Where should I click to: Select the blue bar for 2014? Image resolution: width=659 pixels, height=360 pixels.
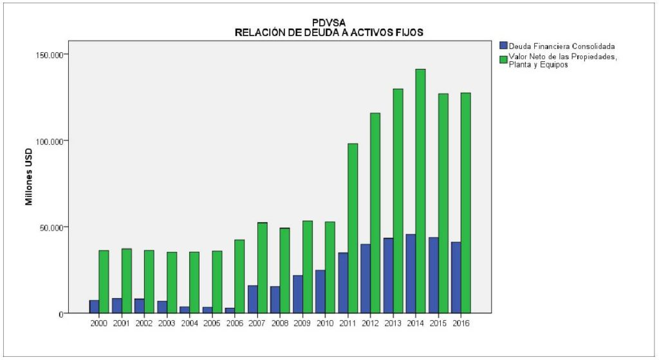(411, 274)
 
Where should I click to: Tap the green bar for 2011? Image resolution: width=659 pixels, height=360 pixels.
(353, 228)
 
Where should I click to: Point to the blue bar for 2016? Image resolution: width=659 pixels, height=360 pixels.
(456, 278)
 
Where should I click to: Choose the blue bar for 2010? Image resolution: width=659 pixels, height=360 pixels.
(320, 292)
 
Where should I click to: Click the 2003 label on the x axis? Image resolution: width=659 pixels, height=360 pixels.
(167, 323)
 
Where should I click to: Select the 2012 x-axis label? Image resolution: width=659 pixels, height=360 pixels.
(371, 323)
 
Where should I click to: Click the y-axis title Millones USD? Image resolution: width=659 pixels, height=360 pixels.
(29, 176)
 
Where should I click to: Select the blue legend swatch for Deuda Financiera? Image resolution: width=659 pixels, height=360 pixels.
(504, 46)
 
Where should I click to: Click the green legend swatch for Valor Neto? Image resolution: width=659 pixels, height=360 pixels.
(504, 59)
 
